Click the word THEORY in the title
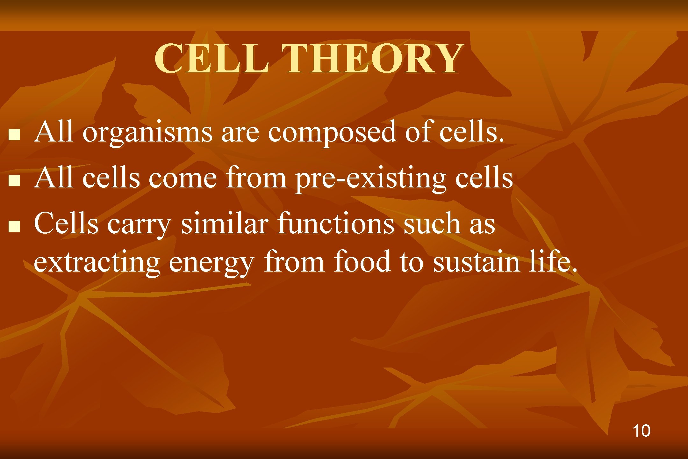pos(372,59)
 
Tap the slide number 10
pos(641,431)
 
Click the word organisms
pos(147,133)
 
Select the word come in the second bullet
pos(182,179)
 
